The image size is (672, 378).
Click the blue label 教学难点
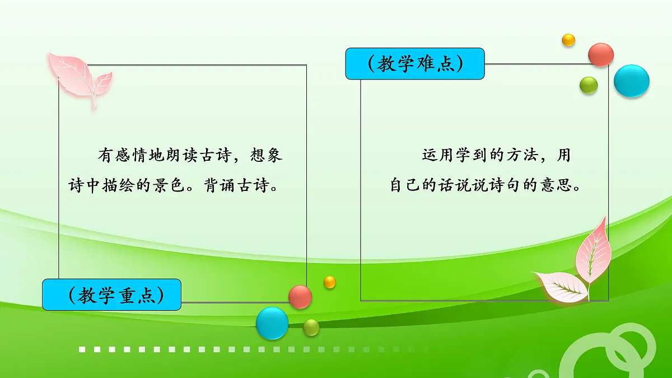coord(415,64)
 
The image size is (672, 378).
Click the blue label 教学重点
coord(111,295)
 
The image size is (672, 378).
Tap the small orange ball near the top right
coord(568,40)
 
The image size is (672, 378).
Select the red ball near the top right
coord(601,54)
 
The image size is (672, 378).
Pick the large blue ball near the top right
coord(632,81)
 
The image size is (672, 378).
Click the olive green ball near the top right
coord(589,85)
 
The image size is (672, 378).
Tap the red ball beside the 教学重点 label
coord(300,296)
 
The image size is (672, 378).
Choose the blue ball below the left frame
coord(272,323)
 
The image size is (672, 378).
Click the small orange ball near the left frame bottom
coord(330,282)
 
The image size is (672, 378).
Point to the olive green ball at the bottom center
coord(311,328)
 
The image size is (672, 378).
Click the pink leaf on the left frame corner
coord(78,76)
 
